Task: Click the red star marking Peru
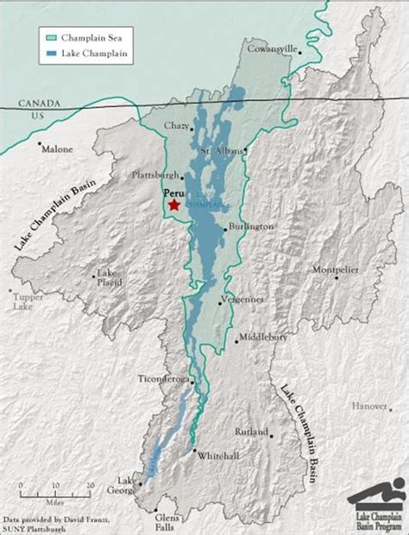pos(173,205)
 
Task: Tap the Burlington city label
pos(252,226)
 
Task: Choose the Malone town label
pos(58,149)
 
